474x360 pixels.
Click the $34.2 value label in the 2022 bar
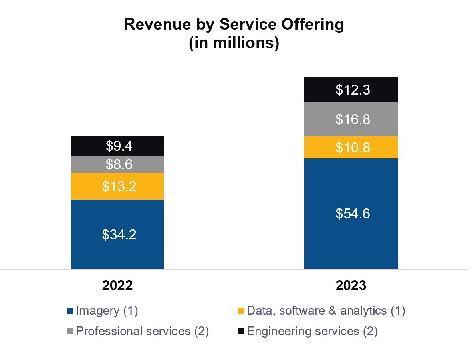point(119,235)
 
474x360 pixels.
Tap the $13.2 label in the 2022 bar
point(119,186)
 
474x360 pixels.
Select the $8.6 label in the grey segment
point(119,164)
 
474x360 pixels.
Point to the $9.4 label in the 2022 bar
point(119,146)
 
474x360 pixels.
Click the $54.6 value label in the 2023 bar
point(353,214)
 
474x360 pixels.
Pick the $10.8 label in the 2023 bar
point(353,148)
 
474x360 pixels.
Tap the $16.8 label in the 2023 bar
point(353,119)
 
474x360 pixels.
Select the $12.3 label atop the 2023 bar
point(353,90)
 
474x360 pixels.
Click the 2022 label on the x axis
point(117,285)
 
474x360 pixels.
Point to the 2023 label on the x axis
point(351,285)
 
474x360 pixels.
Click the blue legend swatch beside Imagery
point(71,311)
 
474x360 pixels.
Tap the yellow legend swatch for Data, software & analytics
point(241,311)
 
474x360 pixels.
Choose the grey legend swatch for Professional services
point(71,332)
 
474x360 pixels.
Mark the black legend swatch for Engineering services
point(241,332)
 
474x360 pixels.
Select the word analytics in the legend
point(363,311)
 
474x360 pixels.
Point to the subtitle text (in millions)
point(234,43)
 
